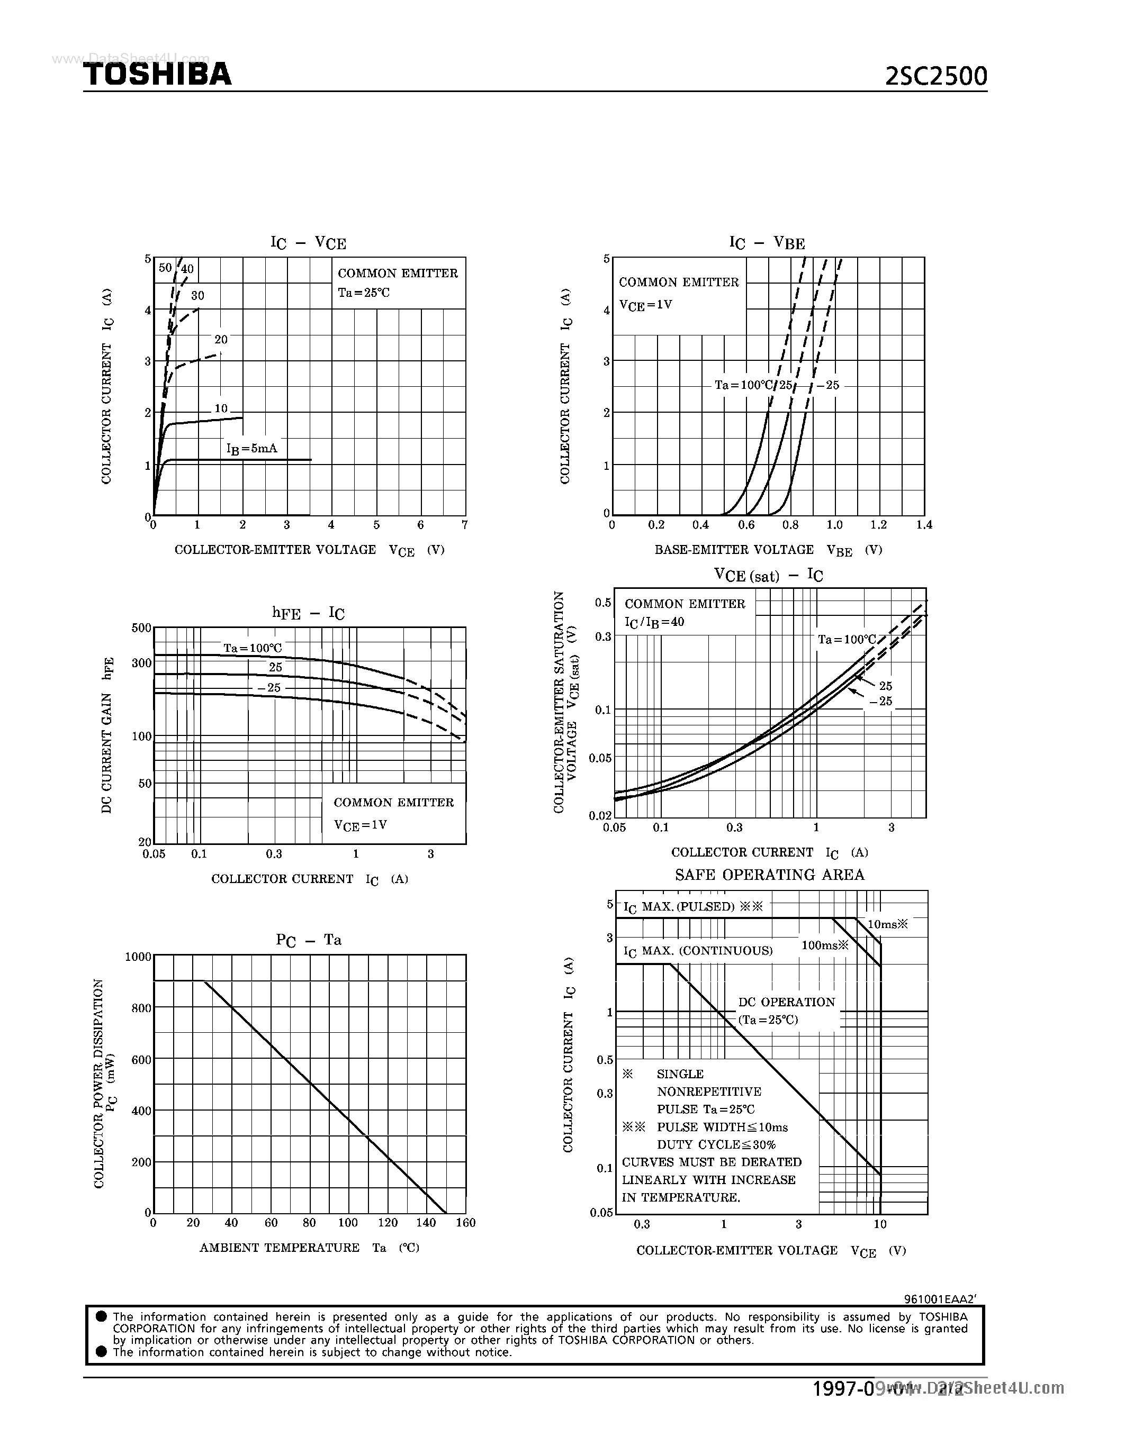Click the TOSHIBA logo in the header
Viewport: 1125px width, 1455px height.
click(x=157, y=74)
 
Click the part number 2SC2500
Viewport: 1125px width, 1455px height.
click(x=935, y=77)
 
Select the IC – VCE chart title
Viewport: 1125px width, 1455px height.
click(x=308, y=242)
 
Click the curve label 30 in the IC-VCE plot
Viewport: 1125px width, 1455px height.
click(x=197, y=296)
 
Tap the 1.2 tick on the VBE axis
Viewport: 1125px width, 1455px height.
click(x=878, y=525)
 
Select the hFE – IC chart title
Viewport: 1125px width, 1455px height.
click(x=308, y=613)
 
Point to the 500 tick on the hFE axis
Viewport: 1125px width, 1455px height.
click(x=141, y=628)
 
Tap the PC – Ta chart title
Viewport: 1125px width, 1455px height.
click(x=309, y=940)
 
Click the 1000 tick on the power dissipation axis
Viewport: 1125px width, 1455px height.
click(x=139, y=957)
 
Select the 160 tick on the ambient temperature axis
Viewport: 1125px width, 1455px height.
click(x=465, y=1223)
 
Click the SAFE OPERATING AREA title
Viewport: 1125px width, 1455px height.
click(x=769, y=875)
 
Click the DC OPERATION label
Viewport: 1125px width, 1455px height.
click(x=786, y=1002)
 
